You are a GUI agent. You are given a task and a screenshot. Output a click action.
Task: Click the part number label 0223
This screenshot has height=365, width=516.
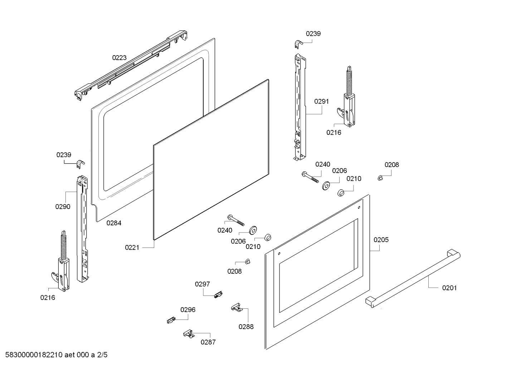click(x=119, y=58)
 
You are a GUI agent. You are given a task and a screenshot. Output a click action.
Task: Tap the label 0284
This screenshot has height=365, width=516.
click(x=114, y=223)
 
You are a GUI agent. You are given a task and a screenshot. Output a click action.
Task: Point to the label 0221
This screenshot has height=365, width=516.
click(x=132, y=248)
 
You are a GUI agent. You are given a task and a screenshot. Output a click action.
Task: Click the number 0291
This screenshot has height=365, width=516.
click(x=321, y=101)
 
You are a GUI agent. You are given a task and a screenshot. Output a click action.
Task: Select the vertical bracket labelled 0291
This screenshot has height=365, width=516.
click(x=299, y=107)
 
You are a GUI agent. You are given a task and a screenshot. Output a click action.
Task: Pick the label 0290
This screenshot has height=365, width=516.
click(x=63, y=207)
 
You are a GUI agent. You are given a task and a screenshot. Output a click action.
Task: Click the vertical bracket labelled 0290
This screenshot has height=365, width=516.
click(x=82, y=229)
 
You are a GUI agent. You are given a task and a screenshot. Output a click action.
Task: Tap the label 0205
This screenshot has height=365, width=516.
click(x=381, y=240)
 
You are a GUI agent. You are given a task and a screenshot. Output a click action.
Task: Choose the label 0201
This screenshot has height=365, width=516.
click(x=449, y=288)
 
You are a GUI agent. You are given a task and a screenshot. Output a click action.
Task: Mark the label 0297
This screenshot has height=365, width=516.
click(x=202, y=284)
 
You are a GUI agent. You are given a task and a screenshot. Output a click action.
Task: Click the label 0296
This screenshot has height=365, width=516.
click(x=188, y=310)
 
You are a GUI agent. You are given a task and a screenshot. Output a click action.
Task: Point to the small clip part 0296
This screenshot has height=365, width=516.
click(x=171, y=320)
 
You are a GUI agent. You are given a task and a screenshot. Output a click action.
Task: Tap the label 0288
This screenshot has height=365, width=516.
click(x=246, y=326)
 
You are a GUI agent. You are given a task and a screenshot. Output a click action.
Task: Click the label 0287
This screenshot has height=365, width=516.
click(x=208, y=342)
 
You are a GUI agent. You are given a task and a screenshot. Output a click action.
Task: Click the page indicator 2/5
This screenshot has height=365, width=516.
click(x=102, y=355)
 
